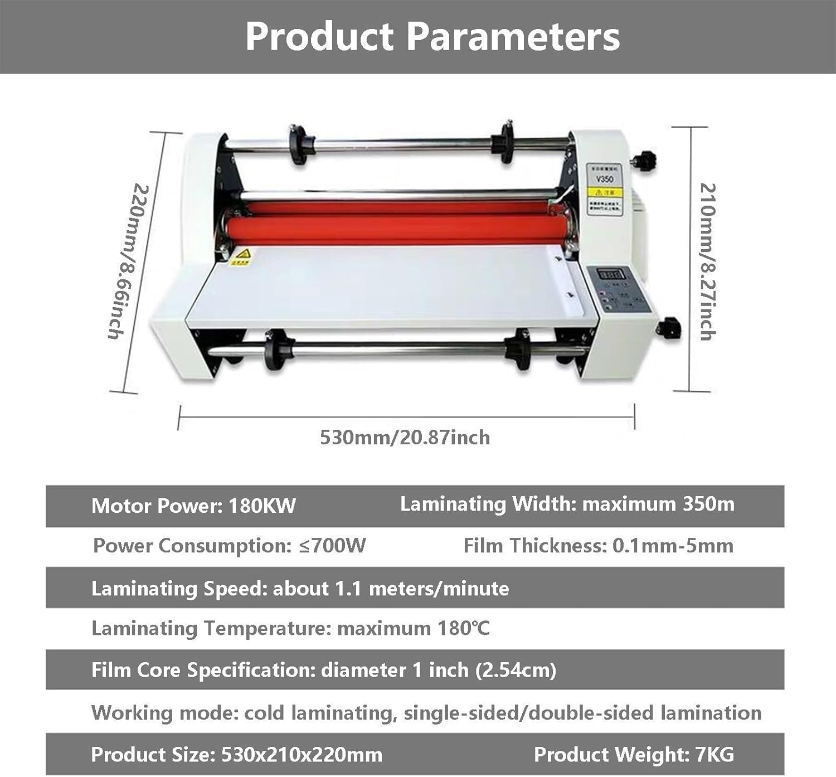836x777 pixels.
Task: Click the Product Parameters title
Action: tap(432, 37)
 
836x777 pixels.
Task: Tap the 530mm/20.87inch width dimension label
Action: tap(405, 438)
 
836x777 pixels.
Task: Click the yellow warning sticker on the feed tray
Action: tap(241, 257)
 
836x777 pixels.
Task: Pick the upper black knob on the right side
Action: tap(647, 161)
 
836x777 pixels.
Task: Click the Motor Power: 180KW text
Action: tap(193, 506)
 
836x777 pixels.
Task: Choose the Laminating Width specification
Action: tap(567, 504)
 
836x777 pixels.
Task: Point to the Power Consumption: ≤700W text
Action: tap(230, 546)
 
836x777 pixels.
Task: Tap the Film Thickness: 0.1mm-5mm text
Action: tap(598, 546)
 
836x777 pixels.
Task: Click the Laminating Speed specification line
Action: tap(300, 589)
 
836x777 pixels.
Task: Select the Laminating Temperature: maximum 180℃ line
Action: tap(290, 629)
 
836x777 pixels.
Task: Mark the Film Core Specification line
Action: tap(323, 670)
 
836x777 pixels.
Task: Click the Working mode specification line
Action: tap(426, 713)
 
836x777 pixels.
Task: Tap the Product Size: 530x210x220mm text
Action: tap(236, 755)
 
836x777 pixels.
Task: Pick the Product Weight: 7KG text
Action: tap(634, 755)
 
